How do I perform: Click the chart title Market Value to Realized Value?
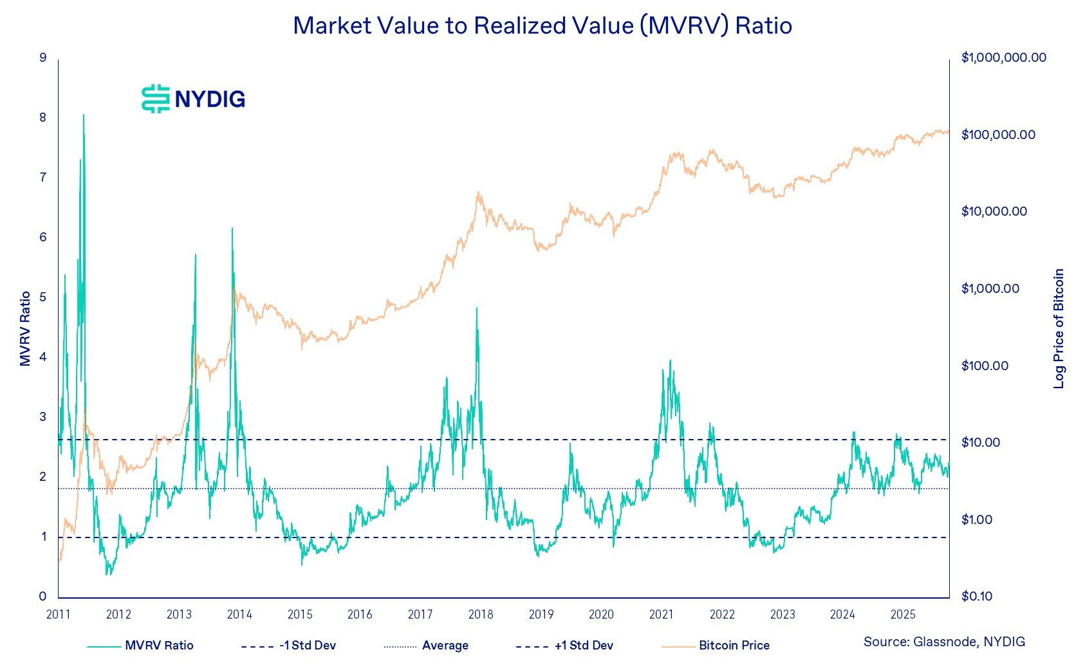tap(542, 26)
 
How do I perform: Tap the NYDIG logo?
tap(193, 98)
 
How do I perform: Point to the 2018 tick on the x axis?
tap(481, 614)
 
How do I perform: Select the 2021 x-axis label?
tap(661, 614)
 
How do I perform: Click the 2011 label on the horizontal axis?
tap(59, 614)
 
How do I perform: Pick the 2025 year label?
tap(902, 614)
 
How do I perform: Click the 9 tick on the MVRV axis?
tap(43, 58)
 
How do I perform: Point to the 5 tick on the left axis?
tap(43, 297)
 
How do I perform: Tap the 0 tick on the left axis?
tap(43, 597)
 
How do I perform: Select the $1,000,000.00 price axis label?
tap(1003, 58)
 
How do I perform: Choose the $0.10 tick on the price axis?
tap(977, 597)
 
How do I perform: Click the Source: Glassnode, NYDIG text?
tap(944, 642)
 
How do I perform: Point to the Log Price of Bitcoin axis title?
tap(1059, 328)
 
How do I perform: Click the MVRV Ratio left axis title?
tap(26, 328)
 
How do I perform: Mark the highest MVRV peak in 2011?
tap(84, 115)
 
